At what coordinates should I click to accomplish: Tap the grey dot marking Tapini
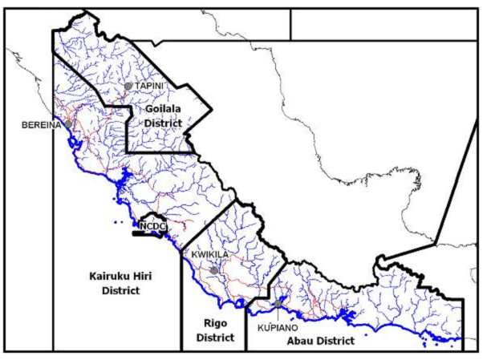coord(128,86)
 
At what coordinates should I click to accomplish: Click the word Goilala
coord(164,109)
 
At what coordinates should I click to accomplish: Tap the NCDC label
coord(152,227)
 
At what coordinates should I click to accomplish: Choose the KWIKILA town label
coord(210,254)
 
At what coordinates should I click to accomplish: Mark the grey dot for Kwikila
coord(214,271)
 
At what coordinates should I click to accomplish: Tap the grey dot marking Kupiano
coord(278,304)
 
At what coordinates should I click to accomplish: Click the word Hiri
coord(143,277)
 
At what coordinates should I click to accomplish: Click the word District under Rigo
coord(213,338)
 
